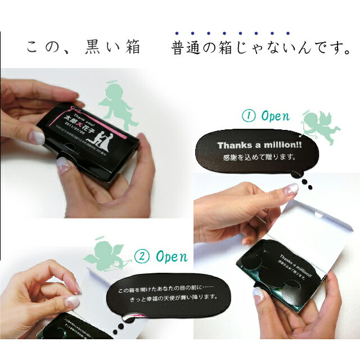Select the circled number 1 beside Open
point(247,116)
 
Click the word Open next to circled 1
point(275,116)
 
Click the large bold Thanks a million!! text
point(259,145)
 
